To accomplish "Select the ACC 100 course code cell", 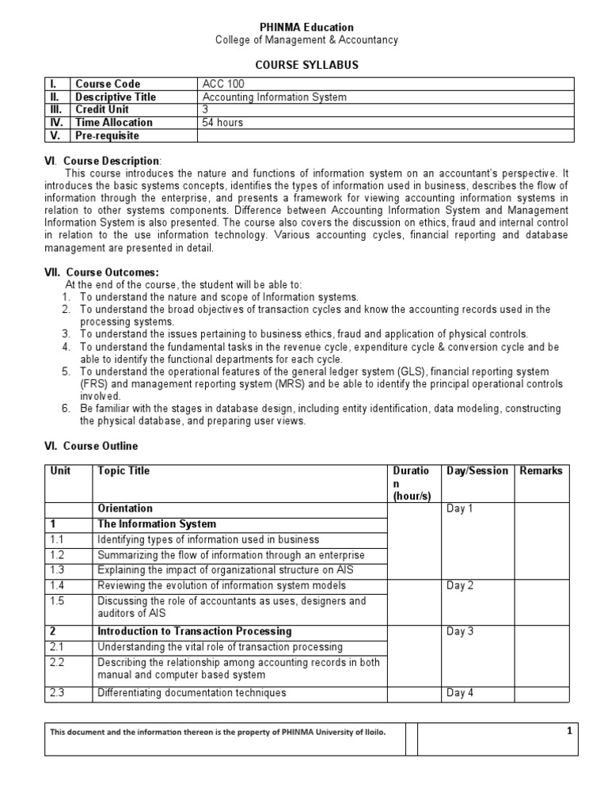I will pos(222,84).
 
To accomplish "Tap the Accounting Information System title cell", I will pos(275,97).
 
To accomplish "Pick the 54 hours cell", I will pos(223,123).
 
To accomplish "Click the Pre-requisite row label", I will pos(107,135).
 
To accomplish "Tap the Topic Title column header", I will pos(123,470).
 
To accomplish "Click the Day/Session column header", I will pos(477,470).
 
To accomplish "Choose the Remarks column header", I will pos(541,470).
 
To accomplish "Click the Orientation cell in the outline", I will pos(125,508).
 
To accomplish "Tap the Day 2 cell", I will pos(460,585).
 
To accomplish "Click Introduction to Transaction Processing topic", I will pos(194,631).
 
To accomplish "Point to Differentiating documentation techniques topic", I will pos(191,693).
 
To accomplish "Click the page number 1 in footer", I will pos(568,732).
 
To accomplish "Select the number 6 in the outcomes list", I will pos(67,409).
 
